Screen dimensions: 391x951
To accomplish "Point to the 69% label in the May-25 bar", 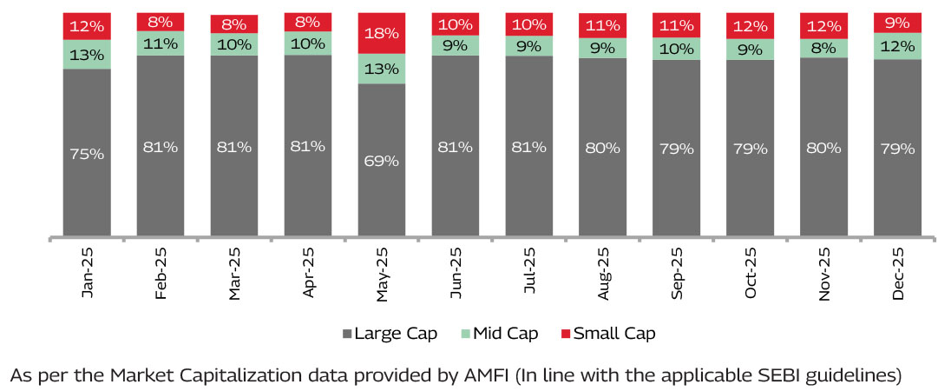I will [x=382, y=161].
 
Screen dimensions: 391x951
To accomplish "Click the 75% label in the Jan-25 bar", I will [x=87, y=154].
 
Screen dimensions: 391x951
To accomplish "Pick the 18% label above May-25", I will [x=382, y=34].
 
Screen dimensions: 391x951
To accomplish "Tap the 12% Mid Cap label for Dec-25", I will [x=898, y=47].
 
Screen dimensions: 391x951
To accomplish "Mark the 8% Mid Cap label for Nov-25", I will [x=824, y=49].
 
